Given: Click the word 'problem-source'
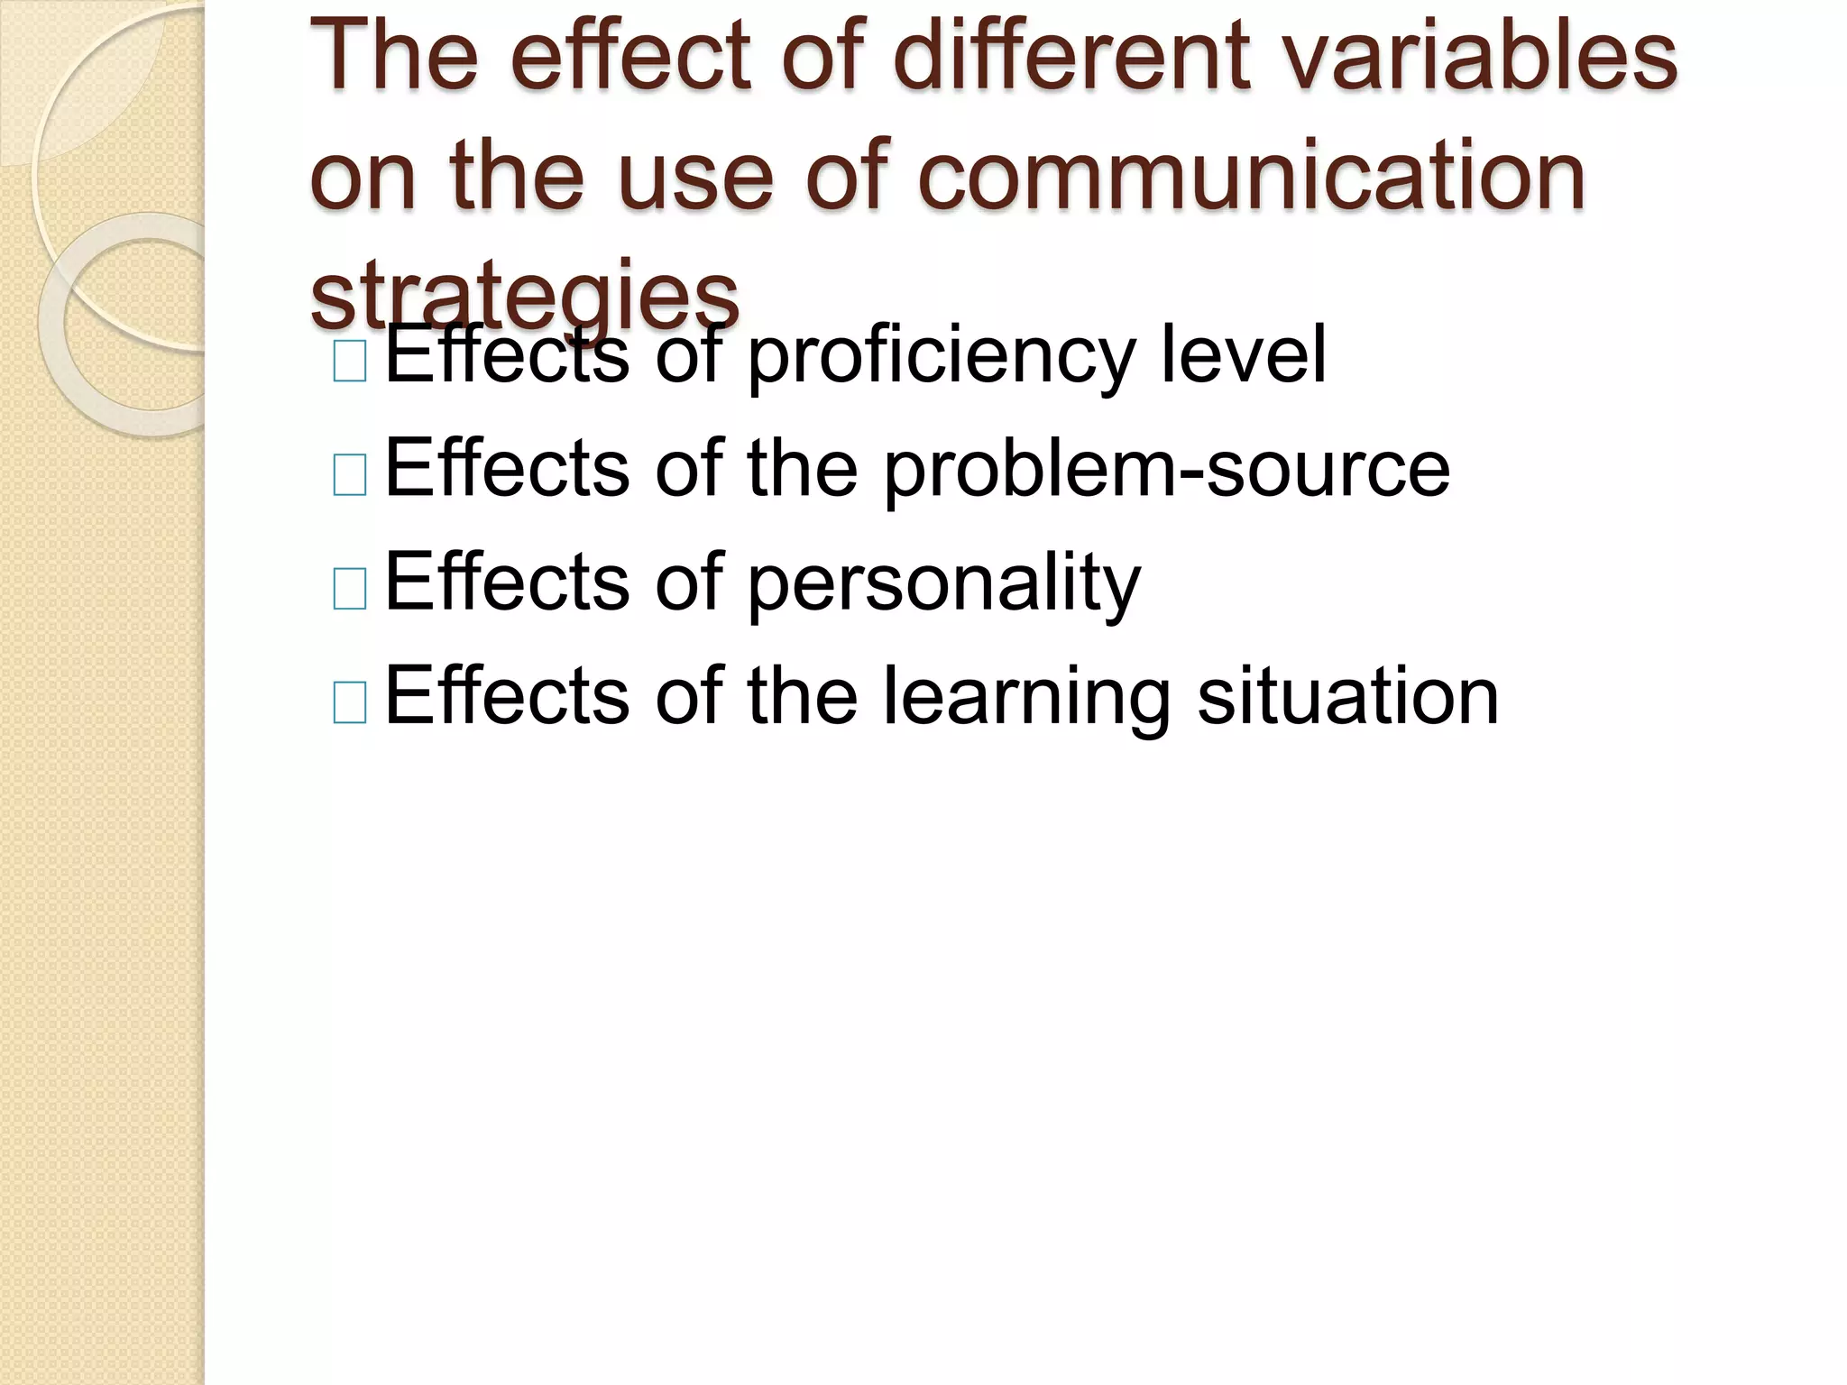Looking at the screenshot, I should click(1166, 470).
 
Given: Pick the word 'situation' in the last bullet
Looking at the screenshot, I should click(1347, 696).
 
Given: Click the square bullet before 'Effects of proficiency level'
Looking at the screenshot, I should click(350, 362).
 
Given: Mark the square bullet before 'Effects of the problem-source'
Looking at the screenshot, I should click(350, 475).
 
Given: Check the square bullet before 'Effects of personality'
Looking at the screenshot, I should click(350, 590).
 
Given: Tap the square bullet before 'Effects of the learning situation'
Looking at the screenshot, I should click(350, 703).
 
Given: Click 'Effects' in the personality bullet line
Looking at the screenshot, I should click(507, 582).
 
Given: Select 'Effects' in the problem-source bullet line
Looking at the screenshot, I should click(507, 468).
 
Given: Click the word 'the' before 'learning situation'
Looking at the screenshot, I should click(802, 696).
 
